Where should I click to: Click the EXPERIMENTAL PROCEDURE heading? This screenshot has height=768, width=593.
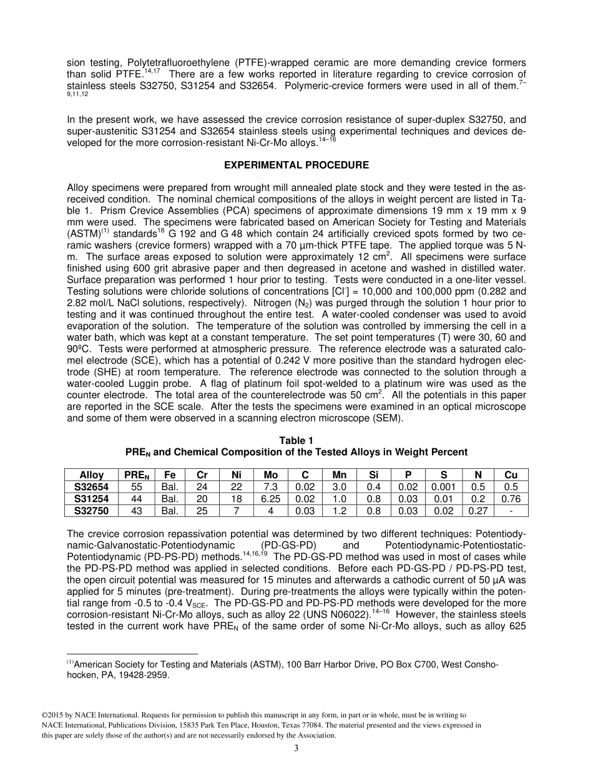pos(296,165)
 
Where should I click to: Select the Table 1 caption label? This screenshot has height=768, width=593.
pos(296,441)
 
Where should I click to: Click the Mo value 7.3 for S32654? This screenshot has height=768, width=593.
pos(271,487)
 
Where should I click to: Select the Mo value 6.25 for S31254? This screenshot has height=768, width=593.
pos(271,499)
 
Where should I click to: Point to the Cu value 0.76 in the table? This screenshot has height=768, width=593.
pos(511,499)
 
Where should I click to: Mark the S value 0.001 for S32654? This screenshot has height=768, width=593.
pos(443,487)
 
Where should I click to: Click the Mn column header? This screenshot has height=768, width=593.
pos(340,475)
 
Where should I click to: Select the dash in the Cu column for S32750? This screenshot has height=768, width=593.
pos(511,511)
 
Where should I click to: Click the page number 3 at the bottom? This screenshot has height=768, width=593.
pos(296,749)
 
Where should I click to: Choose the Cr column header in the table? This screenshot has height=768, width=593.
pos(202,475)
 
